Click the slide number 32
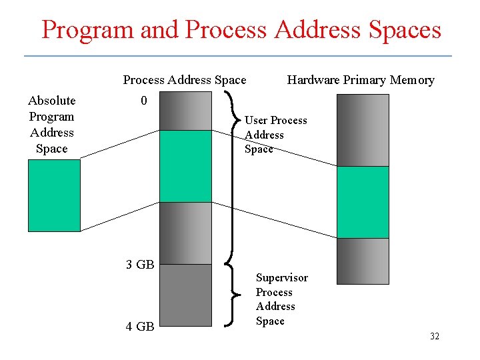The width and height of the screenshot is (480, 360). pyautogui.click(x=434, y=336)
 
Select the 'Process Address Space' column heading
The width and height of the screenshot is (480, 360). pyautogui.click(x=185, y=80)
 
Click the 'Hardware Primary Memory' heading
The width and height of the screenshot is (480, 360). pyautogui.click(x=360, y=80)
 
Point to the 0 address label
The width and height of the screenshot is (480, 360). pyautogui.click(x=144, y=101)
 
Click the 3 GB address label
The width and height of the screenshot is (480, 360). pyautogui.click(x=140, y=265)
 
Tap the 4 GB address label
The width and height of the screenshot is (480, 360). pyautogui.click(x=140, y=327)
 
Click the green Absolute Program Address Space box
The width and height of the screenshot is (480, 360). pyautogui.click(x=53, y=195)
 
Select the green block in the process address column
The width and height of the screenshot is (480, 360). pyautogui.click(x=186, y=166)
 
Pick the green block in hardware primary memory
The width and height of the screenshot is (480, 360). pyautogui.click(x=363, y=202)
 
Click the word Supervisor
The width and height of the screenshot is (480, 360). pyautogui.click(x=282, y=277)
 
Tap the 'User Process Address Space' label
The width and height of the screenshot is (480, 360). pyautogui.click(x=275, y=135)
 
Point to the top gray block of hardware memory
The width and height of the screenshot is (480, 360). pyautogui.click(x=363, y=129)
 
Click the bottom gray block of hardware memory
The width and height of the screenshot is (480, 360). pyautogui.click(x=363, y=261)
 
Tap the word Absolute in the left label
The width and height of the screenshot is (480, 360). pyautogui.click(x=52, y=101)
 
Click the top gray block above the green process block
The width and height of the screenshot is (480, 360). pyautogui.click(x=186, y=111)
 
